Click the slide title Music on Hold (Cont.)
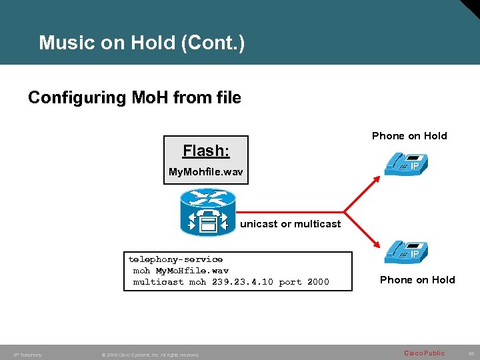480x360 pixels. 141,43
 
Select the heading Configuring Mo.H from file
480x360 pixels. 134,98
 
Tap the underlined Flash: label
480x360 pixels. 206,151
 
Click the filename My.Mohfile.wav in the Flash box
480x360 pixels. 205,173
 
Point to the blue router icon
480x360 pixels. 207,212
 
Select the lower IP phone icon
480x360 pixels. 406,254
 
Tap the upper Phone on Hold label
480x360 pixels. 409,136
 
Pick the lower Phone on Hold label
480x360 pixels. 417,280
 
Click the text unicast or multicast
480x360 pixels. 290,224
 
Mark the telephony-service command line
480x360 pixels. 175,259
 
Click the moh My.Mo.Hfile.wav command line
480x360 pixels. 181,271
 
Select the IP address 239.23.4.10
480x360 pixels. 241,282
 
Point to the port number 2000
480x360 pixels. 318,282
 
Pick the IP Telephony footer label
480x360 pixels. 27,355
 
